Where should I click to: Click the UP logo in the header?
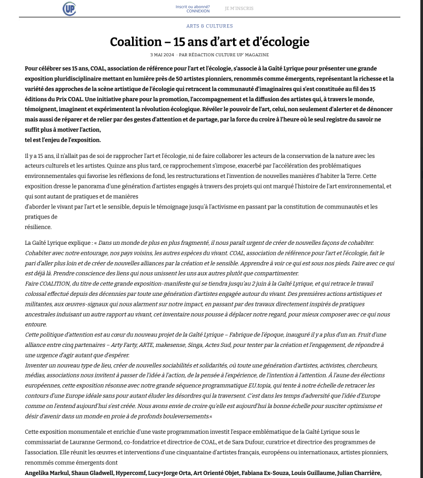(69, 8)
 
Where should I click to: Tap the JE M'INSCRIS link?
(239, 8)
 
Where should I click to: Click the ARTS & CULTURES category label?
(209, 26)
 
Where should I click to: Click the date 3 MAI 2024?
(162, 55)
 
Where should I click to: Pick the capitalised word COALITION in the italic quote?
(54, 283)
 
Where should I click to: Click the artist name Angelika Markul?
(46, 473)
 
